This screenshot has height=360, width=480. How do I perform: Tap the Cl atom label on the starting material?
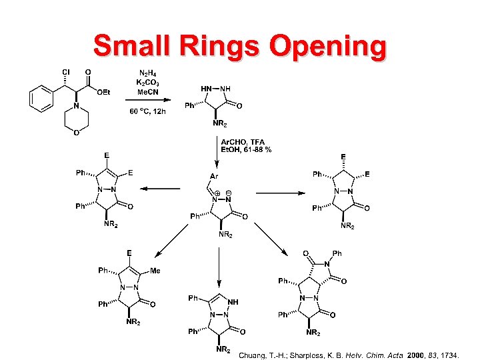[x=65, y=71]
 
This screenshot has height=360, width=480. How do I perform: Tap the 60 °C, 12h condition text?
[x=148, y=111]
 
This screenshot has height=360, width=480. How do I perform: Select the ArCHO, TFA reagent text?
[x=243, y=142]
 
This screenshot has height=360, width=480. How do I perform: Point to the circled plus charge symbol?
[x=217, y=193]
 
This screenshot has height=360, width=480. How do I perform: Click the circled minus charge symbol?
[x=229, y=193]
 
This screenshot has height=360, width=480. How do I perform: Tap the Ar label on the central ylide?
[x=213, y=177]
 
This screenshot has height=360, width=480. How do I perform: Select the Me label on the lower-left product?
[x=155, y=271]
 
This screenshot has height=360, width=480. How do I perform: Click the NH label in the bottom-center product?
[x=233, y=302]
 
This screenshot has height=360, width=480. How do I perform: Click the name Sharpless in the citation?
[x=317, y=355]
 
